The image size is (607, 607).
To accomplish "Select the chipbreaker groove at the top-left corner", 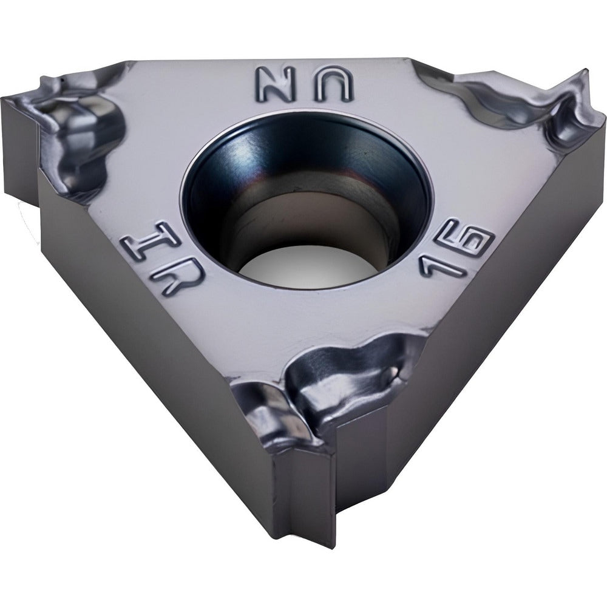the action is tap(73, 127).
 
